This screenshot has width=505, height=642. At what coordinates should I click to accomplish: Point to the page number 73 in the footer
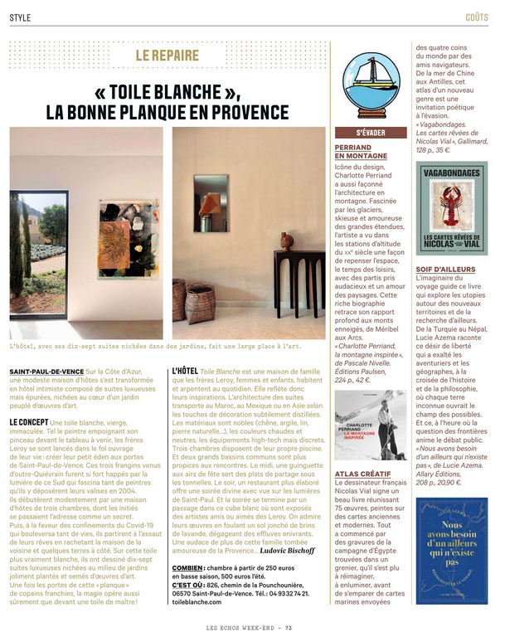point(288,627)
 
